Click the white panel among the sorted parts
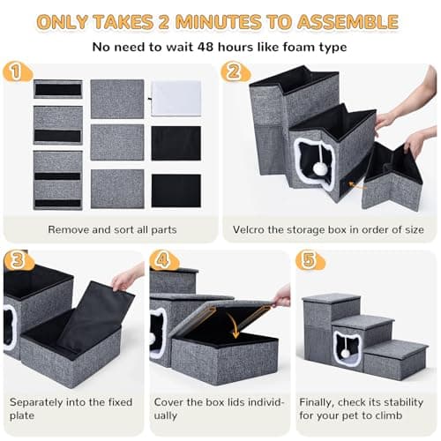coord(176,98)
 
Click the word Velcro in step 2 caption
coord(252,229)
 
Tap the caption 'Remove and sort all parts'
coord(112,229)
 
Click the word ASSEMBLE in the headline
coord(348,19)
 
